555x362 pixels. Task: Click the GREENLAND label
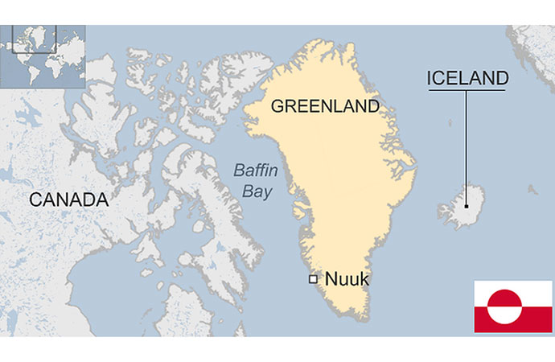click(x=325, y=106)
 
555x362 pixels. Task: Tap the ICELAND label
click(x=467, y=78)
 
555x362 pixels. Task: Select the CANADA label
click(x=68, y=200)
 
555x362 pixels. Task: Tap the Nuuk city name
click(x=347, y=279)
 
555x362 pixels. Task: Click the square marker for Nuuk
click(x=313, y=279)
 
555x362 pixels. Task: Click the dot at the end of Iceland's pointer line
click(x=466, y=204)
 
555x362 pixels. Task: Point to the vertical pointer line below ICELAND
click(x=466, y=145)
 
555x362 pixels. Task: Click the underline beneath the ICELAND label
click(x=467, y=90)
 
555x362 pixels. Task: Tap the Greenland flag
click(x=512, y=306)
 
